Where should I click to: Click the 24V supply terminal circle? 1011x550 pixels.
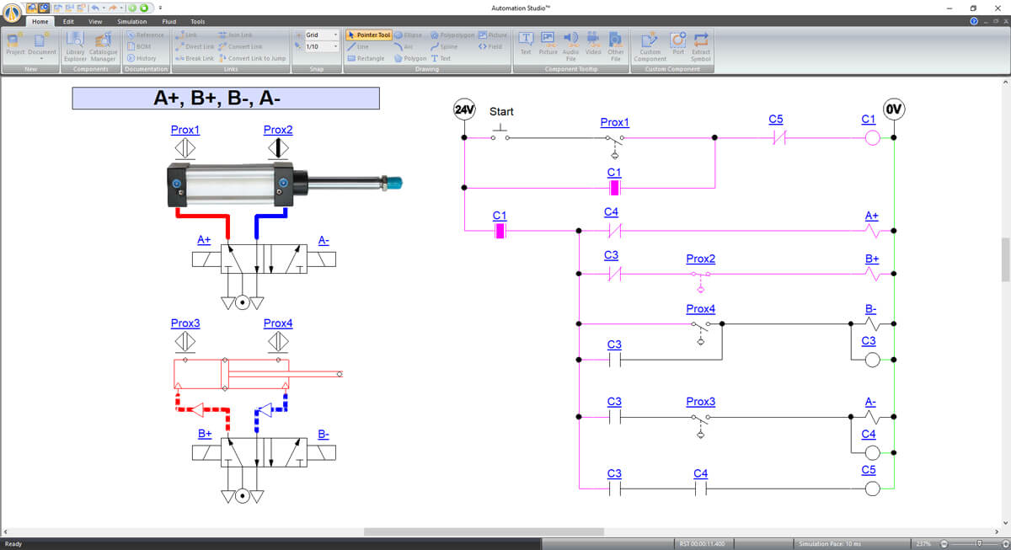(464, 109)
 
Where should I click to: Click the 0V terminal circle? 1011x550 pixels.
(894, 109)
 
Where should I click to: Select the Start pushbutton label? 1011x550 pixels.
(501, 111)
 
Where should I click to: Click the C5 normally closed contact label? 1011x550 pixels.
(776, 120)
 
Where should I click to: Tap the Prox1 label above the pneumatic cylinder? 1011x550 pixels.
(185, 130)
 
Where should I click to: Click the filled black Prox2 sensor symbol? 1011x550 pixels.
(277, 149)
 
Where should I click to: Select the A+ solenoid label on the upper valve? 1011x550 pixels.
(204, 240)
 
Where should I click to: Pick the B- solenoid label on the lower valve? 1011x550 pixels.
(324, 435)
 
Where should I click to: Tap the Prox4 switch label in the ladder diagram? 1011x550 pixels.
(700, 309)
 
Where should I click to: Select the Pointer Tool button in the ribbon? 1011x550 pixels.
(369, 35)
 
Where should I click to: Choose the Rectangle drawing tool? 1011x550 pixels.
(366, 58)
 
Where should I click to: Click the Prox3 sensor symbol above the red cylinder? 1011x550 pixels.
(185, 342)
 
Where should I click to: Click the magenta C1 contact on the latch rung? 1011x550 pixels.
(615, 187)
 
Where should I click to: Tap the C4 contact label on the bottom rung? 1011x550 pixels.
(700, 473)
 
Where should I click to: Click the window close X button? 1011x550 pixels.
(994, 8)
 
